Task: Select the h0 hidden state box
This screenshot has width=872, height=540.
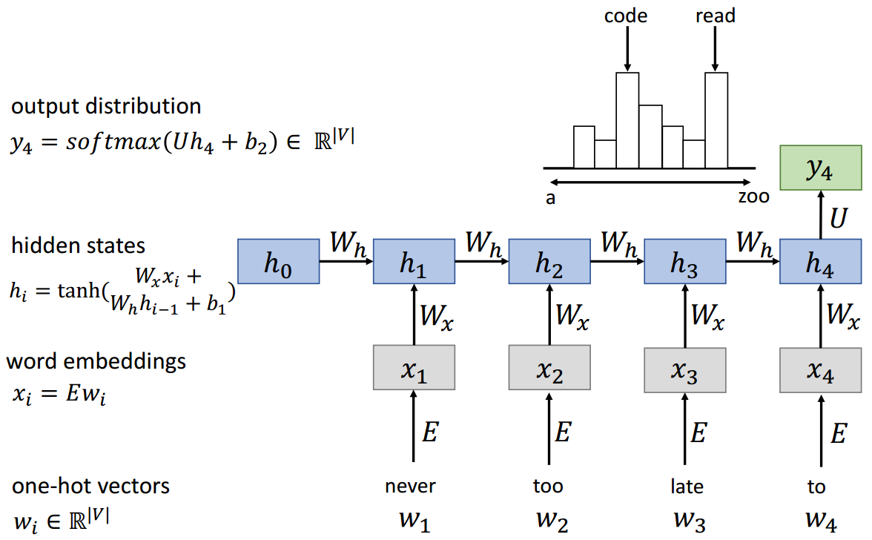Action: tap(277, 261)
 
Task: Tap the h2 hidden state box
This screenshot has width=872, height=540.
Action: tap(549, 261)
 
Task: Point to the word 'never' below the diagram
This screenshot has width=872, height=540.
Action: tap(410, 487)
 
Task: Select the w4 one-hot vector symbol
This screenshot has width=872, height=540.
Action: tap(819, 519)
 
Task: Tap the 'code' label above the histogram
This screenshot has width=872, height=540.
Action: tap(627, 15)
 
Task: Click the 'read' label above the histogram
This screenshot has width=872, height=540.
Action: tap(716, 15)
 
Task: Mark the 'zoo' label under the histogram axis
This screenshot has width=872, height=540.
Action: tap(753, 197)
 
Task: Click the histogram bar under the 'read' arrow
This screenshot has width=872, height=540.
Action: tap(716, 119)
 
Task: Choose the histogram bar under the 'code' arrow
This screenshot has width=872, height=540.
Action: tap(627, 119)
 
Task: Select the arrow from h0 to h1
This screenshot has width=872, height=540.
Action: tap(346, 262)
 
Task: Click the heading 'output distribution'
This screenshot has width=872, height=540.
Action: tap(106, 106)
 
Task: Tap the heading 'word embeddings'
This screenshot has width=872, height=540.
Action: tap(96, 362)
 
